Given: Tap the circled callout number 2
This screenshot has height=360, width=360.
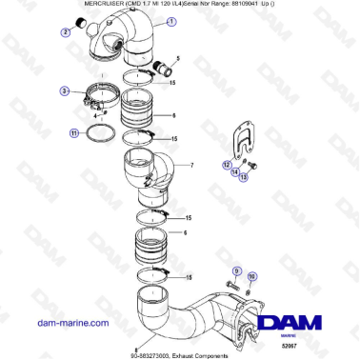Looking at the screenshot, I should point(67,32).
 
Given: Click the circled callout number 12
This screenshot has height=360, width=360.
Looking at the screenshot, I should point(228,165).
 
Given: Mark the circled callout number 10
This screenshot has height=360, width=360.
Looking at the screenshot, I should point(252,275).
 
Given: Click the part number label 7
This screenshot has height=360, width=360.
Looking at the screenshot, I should point(191,165).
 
